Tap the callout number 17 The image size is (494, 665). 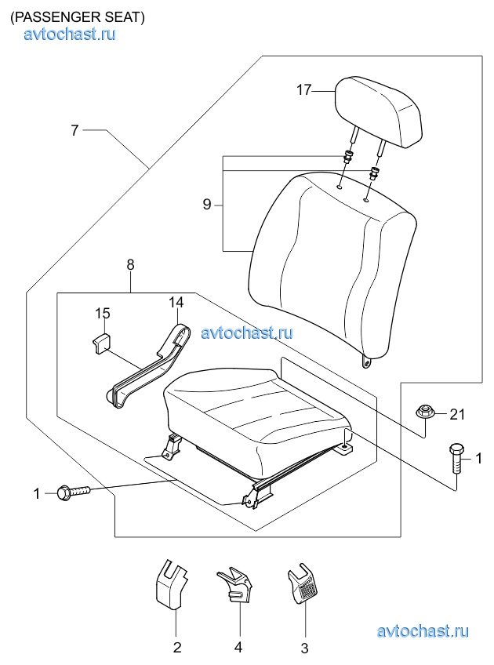(x=303, y=90)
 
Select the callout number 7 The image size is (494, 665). (x=74, y=130)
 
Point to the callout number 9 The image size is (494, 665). (x=207, y=205)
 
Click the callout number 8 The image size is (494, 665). (x=130, y=264)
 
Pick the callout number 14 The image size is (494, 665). (x=176, y=303)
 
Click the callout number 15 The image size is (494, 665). (x=102, y=314)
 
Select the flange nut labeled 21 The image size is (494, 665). (x=423, y=412)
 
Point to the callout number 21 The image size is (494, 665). (x=457, y=414)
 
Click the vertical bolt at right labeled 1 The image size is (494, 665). (x=456, y=460)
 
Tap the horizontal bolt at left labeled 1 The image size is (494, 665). (x=73, y=492)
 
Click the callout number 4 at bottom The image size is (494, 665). (x=238, y=647)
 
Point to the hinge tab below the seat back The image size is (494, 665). (x=367, y=362)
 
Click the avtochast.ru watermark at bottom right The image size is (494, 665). (x=423, y=631)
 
